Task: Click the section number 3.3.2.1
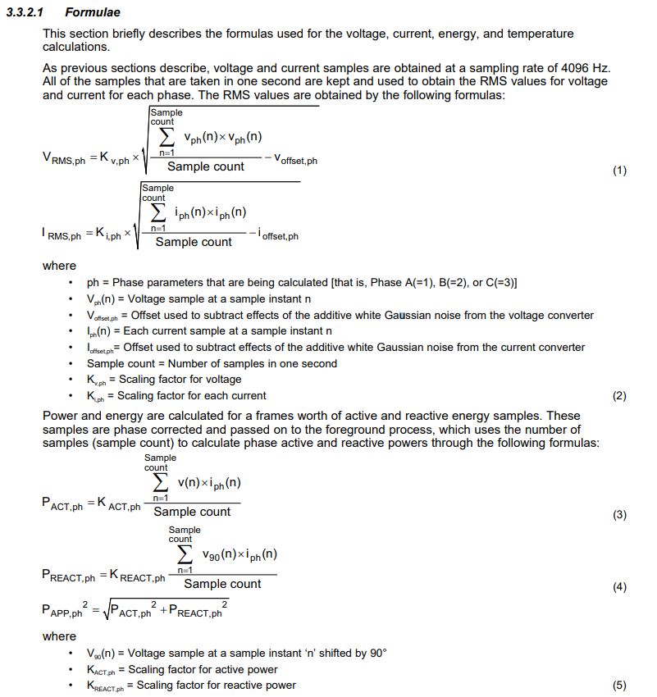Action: (28, 13)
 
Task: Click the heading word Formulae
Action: (92, 13)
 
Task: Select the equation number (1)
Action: (619, 171)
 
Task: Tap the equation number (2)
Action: (619, 396)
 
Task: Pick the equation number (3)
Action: (619, 515)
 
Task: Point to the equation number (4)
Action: (619, 587)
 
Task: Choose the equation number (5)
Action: (619, 685)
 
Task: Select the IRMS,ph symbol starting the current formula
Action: (64, 235)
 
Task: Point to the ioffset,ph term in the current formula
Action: (278, 235)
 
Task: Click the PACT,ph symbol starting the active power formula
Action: (62, 504)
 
